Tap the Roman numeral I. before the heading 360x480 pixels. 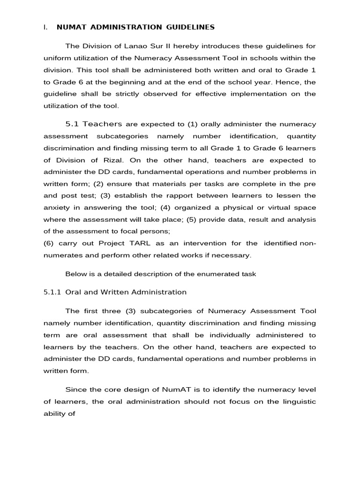coord(45,27)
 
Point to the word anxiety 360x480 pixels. coord(55,208)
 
